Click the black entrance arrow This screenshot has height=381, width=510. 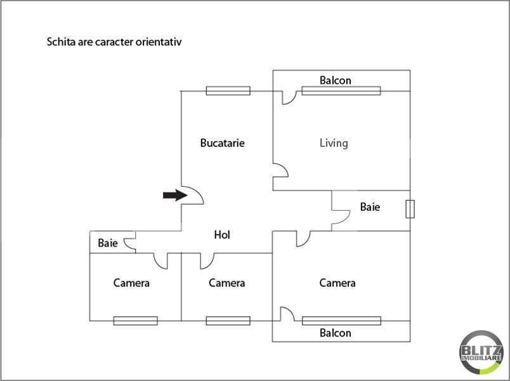coord(175,195)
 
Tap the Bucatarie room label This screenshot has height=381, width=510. coord(223,143)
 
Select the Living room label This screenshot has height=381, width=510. coord(334,144)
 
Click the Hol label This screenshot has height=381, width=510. coord(222,235)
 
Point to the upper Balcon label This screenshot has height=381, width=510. coord(336,81)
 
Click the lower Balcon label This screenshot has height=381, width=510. coord(336,333)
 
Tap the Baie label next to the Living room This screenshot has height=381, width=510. coord(370,207)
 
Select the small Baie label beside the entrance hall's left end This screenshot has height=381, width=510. coord(108,243)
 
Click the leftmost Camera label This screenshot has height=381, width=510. coord(131,283)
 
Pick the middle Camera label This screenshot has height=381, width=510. coord(226,283)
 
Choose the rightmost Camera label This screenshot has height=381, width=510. coord(337,283)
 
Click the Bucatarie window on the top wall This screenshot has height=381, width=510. coord(228,91)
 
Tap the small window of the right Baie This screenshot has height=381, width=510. coord(410,209)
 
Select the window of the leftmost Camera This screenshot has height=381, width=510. coord(135,321)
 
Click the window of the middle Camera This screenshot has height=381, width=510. coord(228,321)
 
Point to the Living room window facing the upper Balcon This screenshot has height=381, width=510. coord(341,91)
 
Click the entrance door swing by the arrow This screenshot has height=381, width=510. coord(193,195)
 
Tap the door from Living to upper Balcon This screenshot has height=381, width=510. coord(289,98)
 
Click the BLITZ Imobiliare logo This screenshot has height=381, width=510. coord(481,352)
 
